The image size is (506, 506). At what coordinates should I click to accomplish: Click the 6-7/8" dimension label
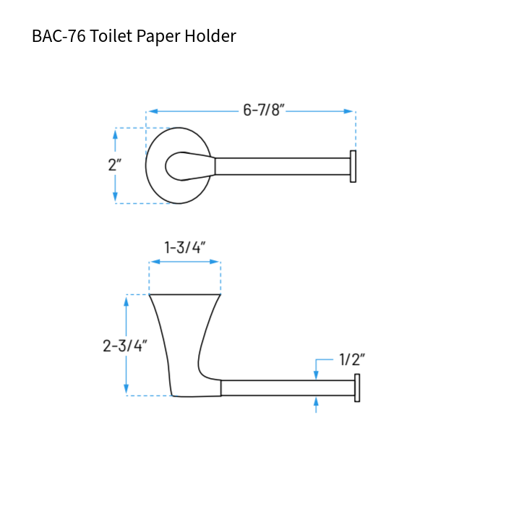(264, 111)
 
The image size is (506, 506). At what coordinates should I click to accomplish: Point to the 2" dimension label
(114, 165)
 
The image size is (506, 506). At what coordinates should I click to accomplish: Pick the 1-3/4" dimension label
(185, 247)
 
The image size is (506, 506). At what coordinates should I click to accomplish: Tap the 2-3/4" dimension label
(125, 346)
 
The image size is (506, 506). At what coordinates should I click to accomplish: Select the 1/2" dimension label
(352, 359)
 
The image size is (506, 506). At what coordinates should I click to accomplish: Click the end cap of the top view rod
(353, 166)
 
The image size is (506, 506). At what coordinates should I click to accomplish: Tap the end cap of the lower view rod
(356, 388)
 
